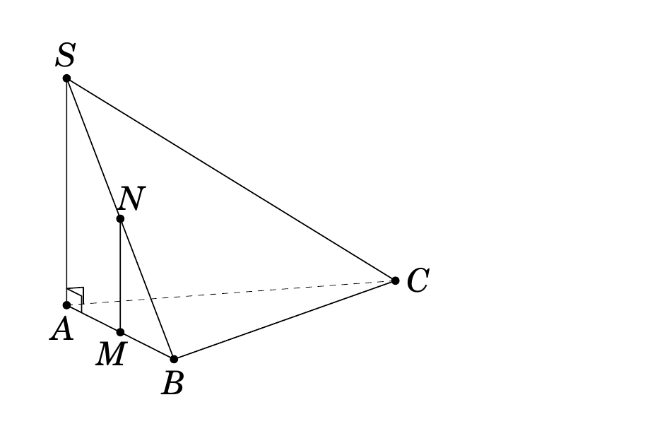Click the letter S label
(66, 55)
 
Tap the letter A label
(61, 329)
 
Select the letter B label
(172, 383)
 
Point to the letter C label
(418, 281)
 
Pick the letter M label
(110, 354)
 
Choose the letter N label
(131, 198)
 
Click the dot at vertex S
(66, 78)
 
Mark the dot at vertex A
(66, 305)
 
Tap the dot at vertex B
(174, 359)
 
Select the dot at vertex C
(395, 281)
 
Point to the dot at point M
(120, 332)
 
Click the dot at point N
(120, 219)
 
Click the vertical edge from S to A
(66, 192)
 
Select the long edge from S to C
(231, 179)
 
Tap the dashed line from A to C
(231, 293)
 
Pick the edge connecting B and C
(284, 320)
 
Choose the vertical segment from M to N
(120, 276)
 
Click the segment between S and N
(93, 148)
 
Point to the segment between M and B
(147, 346)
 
